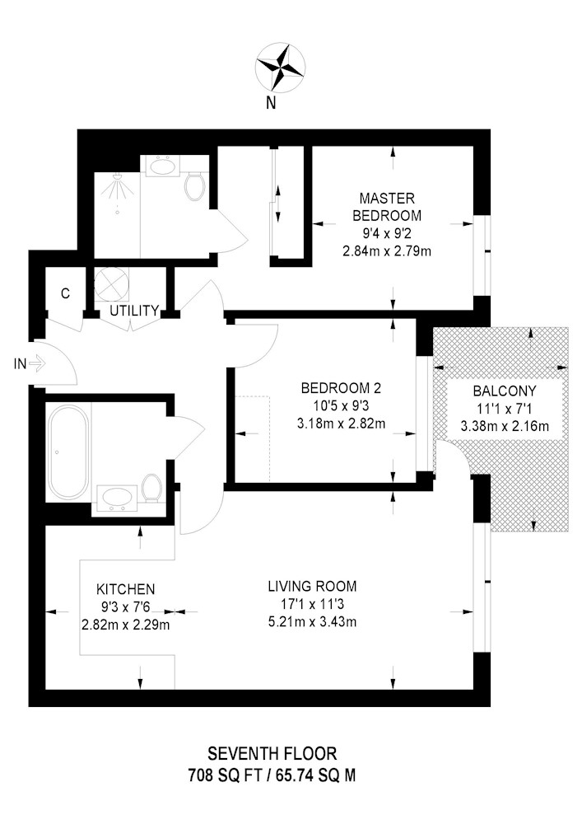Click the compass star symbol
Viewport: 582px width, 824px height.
click(281, 68)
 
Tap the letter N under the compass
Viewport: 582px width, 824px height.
click(271, 103)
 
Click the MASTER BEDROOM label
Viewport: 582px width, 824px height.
click(387, 207)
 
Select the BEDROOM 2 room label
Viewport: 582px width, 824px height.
click(341, 389)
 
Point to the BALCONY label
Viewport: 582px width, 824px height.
click(505, 391)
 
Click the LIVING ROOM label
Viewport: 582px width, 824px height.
click(312, 587)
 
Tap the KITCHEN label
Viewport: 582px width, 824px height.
click(125, 590)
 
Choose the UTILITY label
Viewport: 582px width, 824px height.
click(134, 311)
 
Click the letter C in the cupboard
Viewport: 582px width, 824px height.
click(66, 293)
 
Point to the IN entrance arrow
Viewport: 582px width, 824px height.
click(38, 363)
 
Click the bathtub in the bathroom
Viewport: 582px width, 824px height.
click(68, 452)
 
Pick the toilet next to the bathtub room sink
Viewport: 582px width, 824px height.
click(152, 488)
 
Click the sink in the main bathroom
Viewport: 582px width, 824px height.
click(115, 497)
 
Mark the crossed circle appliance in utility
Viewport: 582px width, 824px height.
click(111, 283)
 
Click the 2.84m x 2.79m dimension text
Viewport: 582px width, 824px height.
click(387, 251)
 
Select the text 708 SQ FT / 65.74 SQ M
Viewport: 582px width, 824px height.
click(272, 775)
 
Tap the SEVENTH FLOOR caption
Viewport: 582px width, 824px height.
click(272, 754)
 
